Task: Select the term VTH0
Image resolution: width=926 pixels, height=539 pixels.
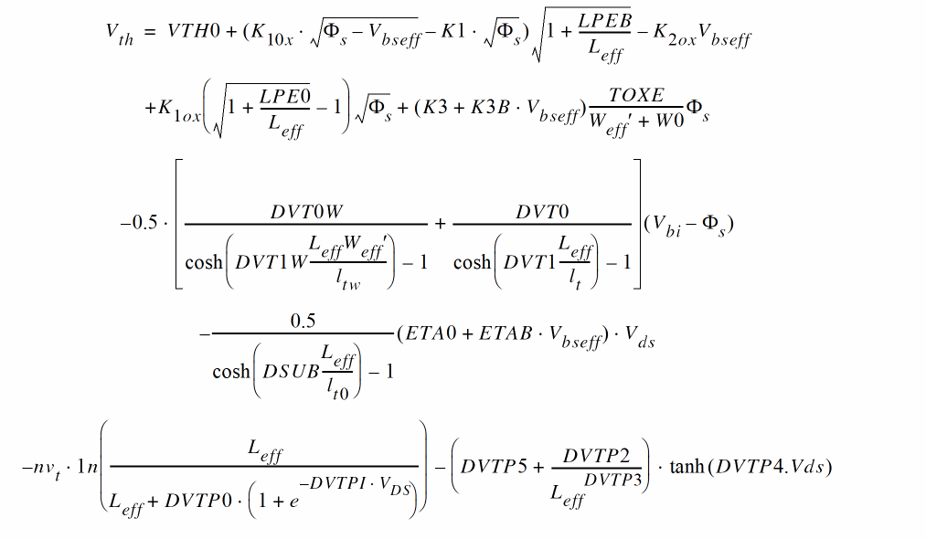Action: click(x=194, y=32)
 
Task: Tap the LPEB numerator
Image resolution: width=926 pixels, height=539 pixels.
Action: click(x=604, y=20)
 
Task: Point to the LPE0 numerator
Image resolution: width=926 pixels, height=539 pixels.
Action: click(x=285, y=95)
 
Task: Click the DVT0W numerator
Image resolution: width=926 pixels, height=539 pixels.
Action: click(x=306, y=211)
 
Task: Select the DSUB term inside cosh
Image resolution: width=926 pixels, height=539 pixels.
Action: click(x=290, y=372)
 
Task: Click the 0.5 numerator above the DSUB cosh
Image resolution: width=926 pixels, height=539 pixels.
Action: click(x=302, y=322)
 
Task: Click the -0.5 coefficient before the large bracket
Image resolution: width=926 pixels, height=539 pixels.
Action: click(x=139, y=224)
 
